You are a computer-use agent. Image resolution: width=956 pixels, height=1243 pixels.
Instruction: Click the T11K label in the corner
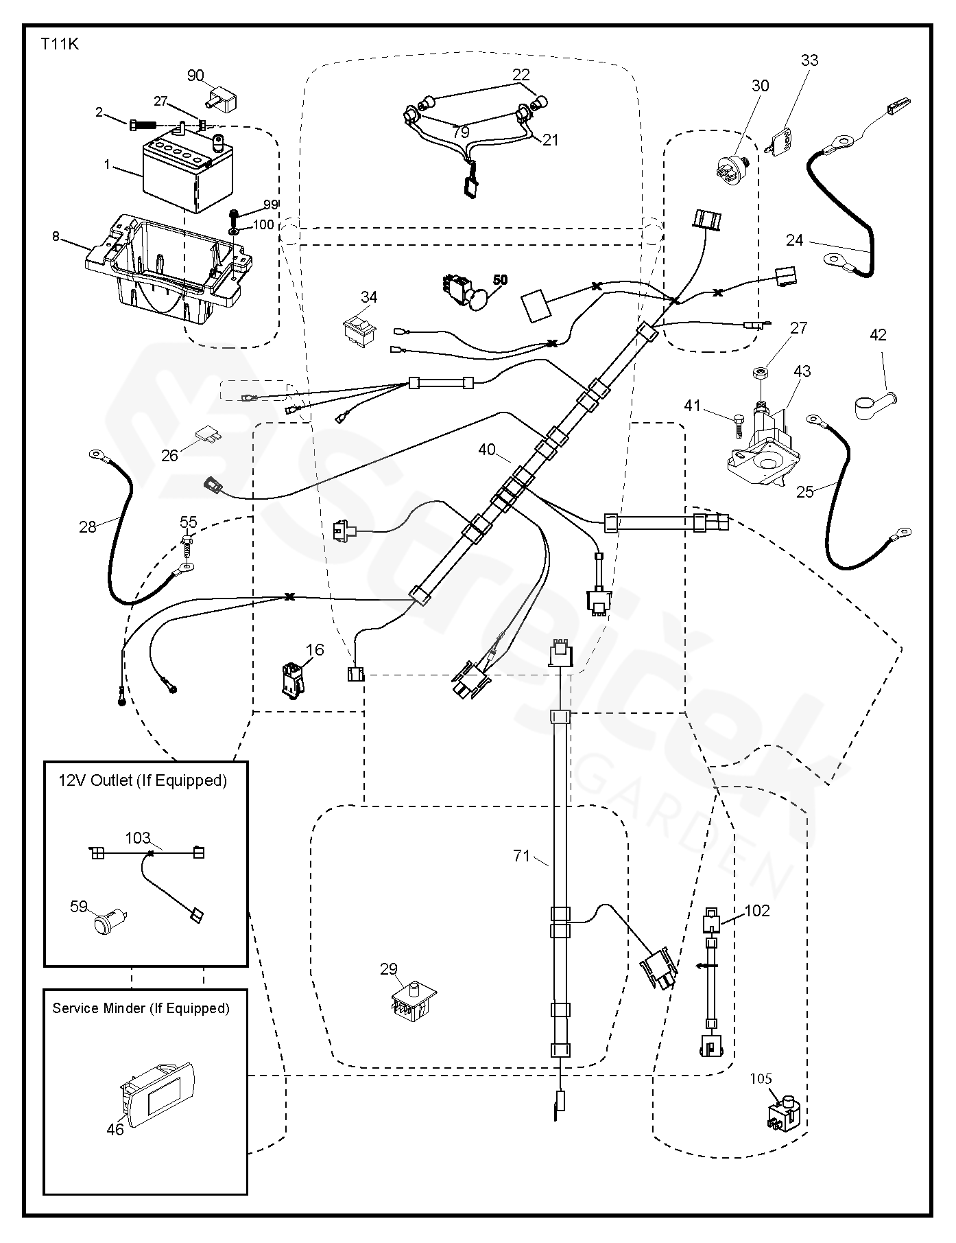pyautogui.click(x=60, y=45)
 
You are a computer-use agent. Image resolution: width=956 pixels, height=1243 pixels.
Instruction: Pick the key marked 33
pyautogui.click(x=779, y=142)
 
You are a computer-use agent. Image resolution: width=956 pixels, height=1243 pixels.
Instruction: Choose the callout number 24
pyautogui.click(x=795, y=240)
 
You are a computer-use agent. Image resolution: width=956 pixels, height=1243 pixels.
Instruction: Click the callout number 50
pyautogui.click(x=501, y=280)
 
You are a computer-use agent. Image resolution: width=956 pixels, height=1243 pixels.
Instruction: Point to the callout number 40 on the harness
pyautogui.click(x=487, y=450)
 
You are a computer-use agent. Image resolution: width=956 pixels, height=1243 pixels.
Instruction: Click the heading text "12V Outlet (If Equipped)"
pyautogui.click(x=143, y=780)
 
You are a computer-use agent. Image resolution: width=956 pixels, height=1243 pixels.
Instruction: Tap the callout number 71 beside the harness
pyautogui.click(x=522, y=855)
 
